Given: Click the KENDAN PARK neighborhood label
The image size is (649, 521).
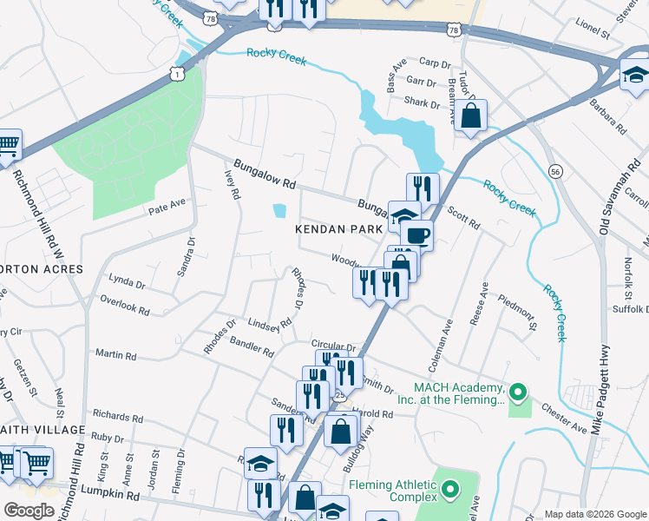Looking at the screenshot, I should [338, 229].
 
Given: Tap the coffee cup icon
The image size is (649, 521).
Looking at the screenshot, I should [416, 234].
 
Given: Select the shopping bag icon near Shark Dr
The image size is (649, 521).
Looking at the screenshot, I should [470, 115].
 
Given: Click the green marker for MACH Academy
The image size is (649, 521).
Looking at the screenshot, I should [519, 392].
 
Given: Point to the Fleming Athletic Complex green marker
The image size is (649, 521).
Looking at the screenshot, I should [449, 491].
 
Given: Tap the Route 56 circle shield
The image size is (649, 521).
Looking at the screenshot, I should [554, 173].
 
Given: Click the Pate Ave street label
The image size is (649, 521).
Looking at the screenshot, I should [167, 208].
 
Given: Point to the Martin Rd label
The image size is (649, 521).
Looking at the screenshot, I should [115, 355].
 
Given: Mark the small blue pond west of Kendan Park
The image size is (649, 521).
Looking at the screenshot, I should [278, 211].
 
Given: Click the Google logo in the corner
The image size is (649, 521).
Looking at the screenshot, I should [29, 510].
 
